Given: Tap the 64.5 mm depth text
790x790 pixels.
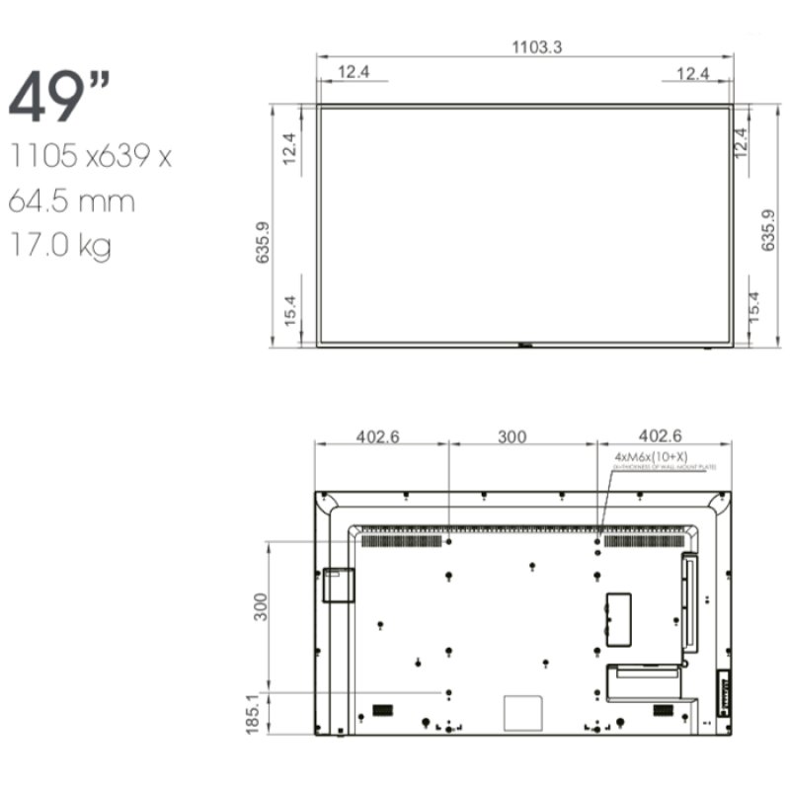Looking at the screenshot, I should click(71, 201).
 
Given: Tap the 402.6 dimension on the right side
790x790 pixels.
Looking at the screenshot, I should click(661, 436).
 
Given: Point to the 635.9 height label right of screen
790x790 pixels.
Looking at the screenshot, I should click(768, 229).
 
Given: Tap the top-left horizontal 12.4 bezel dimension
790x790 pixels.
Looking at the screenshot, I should click(355, 73).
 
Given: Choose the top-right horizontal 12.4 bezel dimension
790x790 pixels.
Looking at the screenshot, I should click(693, 73).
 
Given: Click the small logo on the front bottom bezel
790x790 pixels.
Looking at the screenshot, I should click(524, 346).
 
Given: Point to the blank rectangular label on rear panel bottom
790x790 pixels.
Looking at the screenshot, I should click(523, 712).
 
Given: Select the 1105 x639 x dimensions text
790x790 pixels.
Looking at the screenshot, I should click(90, 156).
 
